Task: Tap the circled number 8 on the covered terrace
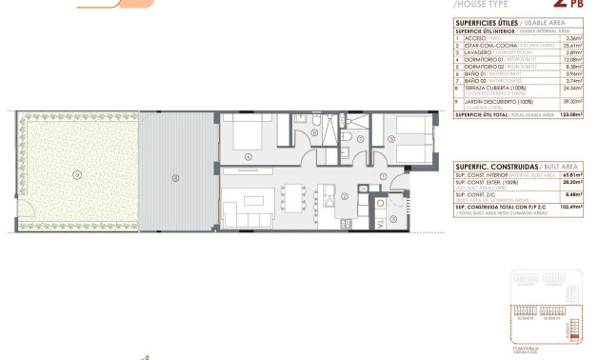(x=174, y=177)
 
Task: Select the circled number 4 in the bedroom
(x=248, y=156)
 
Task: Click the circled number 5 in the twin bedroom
(x=391, y=139)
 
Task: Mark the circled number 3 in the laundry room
(x=392, y=218)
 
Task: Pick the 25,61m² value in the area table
(x=571, y=45)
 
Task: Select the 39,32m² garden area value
(x=571, y=101)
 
